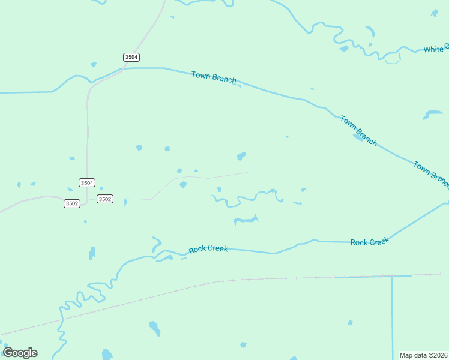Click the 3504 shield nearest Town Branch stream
click(x=131, y=57)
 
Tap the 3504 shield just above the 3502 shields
click(x=87, y=182)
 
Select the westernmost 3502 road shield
click(x=71, y=203)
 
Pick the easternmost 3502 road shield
click(x=104, y=199)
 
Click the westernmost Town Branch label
click(x=214, y=77)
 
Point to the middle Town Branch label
click(x=358, y=131)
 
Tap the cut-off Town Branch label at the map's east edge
click(x=431, y=172)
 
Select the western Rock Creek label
click(x=208, y=249)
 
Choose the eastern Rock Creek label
click(x=370, y=241)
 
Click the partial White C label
click(x=435, y=49)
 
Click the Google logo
click(x=20, y=353)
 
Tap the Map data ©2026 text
click(x=423, y=355)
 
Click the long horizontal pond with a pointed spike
click(x=245, y=220)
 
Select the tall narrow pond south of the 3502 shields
click(x=92, y=253)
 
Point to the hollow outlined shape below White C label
click(x=393, y=58)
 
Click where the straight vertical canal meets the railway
click(x=392, y=277)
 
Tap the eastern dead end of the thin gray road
click(x=247, y=173)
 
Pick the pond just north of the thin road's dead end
click(x=241, y=157)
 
